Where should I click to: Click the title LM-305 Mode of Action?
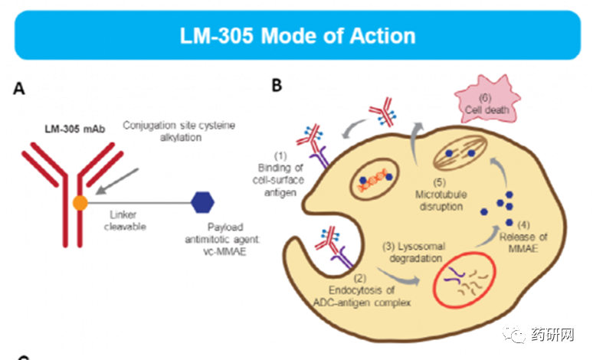pyautogui.click(x=297, y=35)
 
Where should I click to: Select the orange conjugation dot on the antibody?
pyautogui.click(x=79, y=204)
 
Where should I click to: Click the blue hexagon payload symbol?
pyautogui.click(x=202, y=203)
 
